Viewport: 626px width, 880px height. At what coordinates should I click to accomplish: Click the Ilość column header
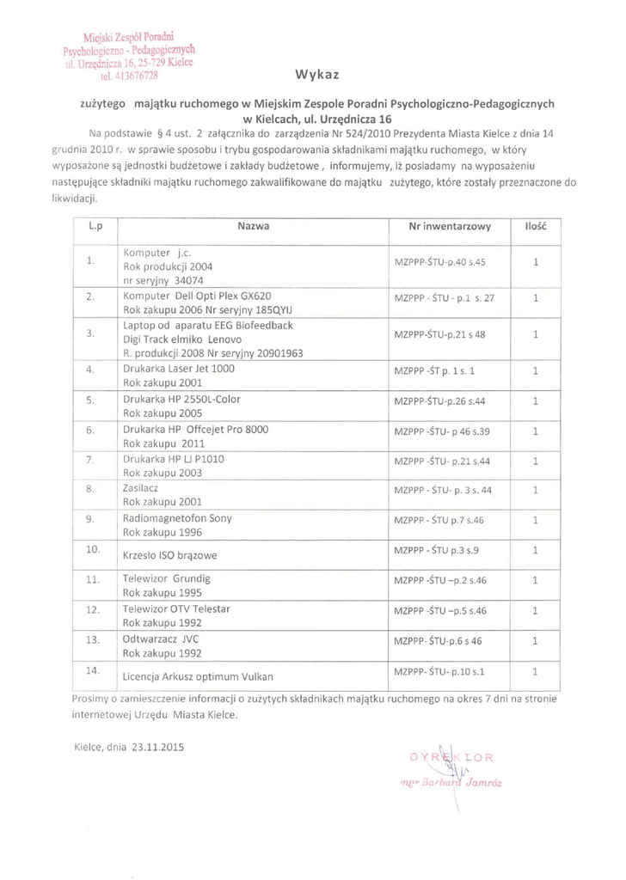(536, 226)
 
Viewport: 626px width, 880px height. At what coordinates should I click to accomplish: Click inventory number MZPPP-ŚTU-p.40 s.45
(439, 260)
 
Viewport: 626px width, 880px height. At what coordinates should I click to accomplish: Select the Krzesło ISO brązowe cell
(169, 555)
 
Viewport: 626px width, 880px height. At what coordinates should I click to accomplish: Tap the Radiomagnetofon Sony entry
(177, 519)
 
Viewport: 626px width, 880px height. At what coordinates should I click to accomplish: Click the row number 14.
(95, 669)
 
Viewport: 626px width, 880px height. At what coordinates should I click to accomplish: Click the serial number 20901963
(278, 353)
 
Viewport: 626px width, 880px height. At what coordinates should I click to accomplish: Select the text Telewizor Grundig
(167, 578)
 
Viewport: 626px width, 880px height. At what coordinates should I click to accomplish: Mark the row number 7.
(90, 460)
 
